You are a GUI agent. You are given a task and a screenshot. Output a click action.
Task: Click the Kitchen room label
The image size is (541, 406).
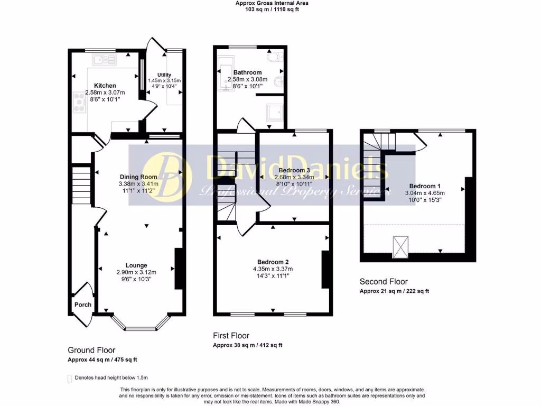(x=105, y=86)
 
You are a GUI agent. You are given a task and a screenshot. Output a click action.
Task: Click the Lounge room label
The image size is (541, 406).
(x=136, y=265)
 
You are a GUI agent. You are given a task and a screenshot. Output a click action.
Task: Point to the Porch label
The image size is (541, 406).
(x=82, y=304)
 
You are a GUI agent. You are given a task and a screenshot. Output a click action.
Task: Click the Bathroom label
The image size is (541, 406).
(x=247, y=72)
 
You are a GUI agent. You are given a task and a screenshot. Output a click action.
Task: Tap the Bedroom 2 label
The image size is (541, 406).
(x=273, y=262)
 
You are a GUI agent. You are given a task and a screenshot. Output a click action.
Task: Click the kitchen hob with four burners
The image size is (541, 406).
(x=80, y=102)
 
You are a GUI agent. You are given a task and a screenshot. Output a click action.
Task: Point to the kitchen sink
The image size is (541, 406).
(x=107, y=60)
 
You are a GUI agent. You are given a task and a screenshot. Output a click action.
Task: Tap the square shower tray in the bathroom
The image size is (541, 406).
(x=274, y=112)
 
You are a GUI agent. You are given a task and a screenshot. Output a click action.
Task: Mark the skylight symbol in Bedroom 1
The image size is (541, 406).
(x=400, y=247)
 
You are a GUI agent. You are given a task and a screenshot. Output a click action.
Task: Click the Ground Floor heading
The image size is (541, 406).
(x=91, y=350)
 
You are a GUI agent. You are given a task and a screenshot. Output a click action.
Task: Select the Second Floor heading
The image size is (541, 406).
(x=384, y=282)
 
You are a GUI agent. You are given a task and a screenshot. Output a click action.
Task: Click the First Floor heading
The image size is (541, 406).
(x=231, y=336)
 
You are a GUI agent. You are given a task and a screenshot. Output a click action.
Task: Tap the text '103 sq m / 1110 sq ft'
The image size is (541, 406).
(x=272, y=10)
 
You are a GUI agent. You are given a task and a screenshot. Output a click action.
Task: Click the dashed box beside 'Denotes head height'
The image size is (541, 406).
(x=69, y=378)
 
